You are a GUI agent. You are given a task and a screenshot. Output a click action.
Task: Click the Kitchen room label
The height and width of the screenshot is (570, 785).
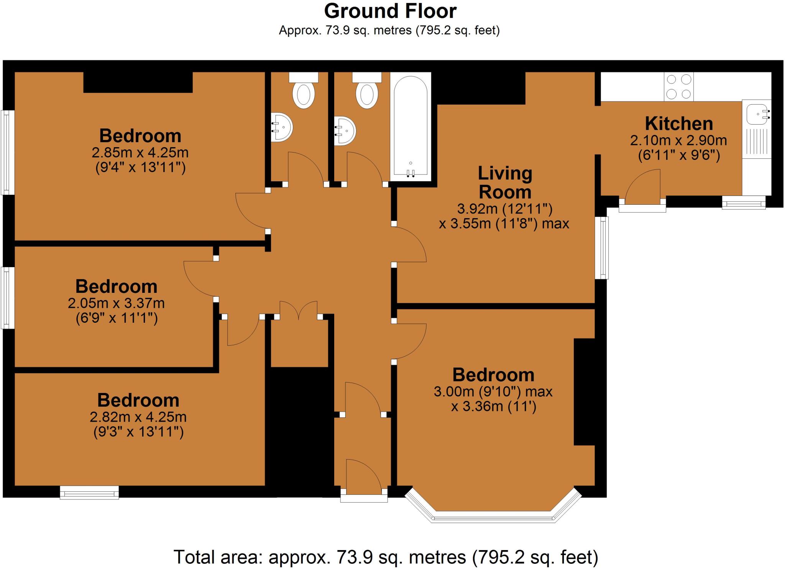pyautogui.click(x=679, y=124)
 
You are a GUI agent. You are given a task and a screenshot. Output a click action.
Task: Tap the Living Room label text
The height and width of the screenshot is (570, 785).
pyautogui.click(x=505, y=182)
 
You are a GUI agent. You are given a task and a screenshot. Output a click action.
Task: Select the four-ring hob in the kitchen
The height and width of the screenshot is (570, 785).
pyautogui.click(x=679, y=87)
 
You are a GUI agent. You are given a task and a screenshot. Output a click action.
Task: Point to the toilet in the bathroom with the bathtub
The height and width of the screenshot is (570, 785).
pyautogui.click(x=367, y=91)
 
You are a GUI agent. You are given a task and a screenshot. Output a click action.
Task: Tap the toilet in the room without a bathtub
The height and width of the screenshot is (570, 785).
pyautogui.click(x=304, y=91)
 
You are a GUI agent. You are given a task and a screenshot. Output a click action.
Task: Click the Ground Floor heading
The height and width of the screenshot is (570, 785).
pyautogui.click(x=390, y=11)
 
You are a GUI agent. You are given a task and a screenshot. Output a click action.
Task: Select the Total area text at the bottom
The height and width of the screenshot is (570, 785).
pyautogui.click(x=386, y=557)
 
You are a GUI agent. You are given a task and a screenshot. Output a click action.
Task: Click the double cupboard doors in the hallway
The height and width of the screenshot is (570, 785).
pyautogui.click(x=299, y=310)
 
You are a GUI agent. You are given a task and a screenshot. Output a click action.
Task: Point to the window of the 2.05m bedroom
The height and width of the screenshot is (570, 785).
pyautogui.click(x=7, y=298)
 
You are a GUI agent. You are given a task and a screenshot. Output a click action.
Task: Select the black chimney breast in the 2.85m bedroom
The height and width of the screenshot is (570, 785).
pyautogui.click(x=138, y=82)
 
